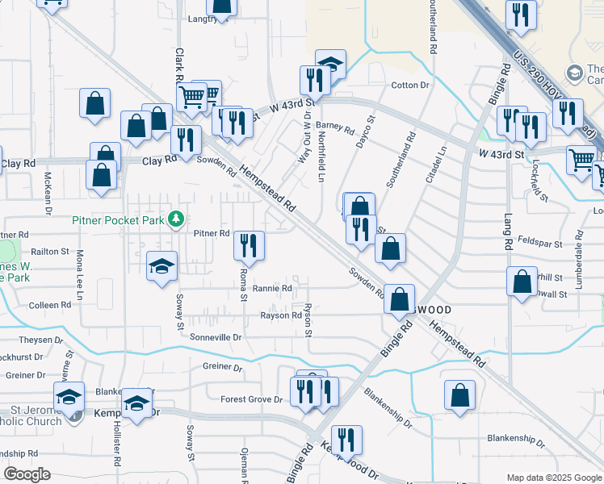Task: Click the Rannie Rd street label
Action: (x=271, y=287)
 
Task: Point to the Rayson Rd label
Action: (x=279, y=315)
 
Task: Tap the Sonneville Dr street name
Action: (x=216, y=336)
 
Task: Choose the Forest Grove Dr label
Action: (x=251, y=398)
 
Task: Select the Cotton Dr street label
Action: (x=410, y=85)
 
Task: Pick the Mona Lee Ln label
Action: (x=80, y=275)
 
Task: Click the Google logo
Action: (x=27, y=474)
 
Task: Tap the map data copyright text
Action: (x=554, y=478)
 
